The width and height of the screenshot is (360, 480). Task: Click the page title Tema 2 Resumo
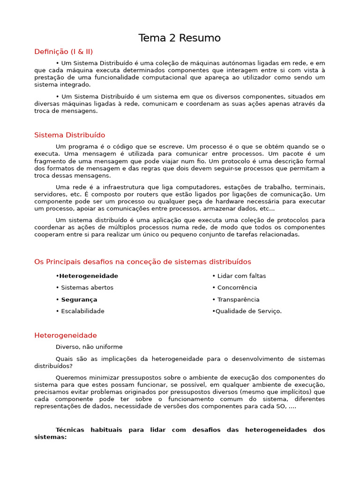(180, 38)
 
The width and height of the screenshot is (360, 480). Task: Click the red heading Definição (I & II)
(67, 52)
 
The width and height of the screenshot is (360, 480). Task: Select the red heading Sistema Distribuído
(69, 135)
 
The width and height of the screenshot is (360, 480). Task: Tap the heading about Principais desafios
(142, 262)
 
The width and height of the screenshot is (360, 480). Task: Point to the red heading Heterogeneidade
(66, 335)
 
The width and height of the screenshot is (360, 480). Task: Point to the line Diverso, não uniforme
(89, 347)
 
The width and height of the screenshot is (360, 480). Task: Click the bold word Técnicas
(71, 430)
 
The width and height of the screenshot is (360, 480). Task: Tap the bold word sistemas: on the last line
(51, 437)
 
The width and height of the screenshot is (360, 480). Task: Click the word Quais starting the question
(64, 359)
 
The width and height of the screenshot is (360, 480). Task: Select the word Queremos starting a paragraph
(70, 378)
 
